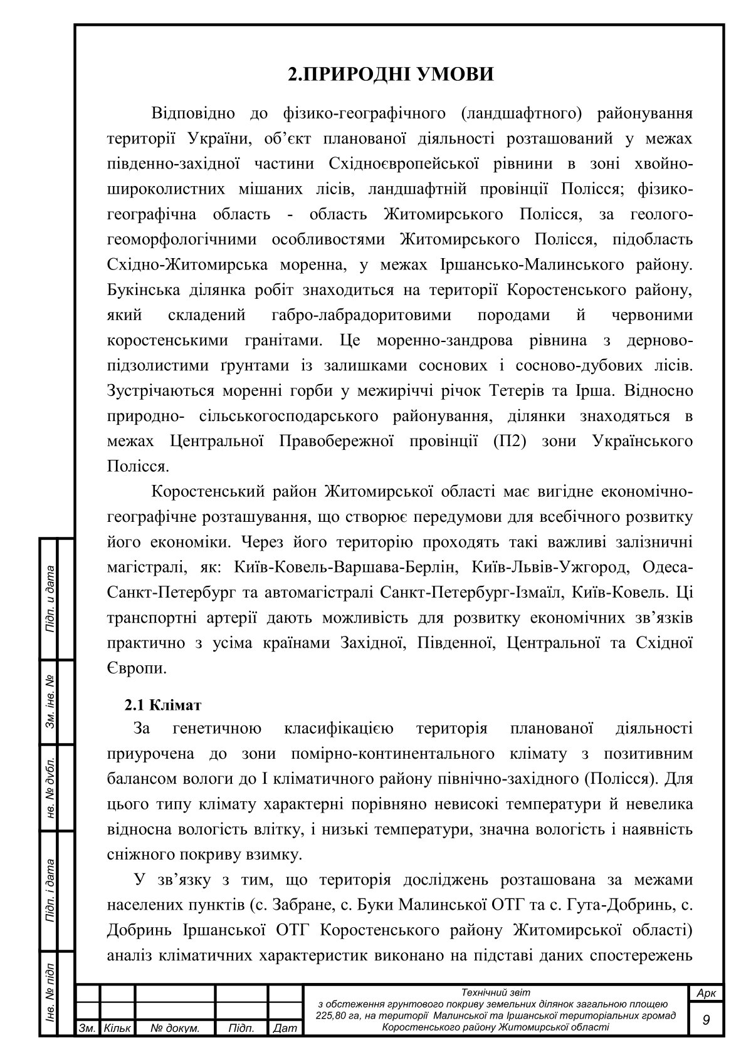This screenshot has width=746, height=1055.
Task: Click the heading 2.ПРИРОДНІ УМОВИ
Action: point(391,74)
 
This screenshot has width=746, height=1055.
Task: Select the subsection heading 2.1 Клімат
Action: point(163,705)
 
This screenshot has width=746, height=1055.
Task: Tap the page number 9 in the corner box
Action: point(707,1021)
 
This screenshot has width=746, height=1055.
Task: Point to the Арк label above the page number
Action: point(707,994)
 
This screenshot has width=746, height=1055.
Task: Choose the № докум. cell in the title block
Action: point(176,1028)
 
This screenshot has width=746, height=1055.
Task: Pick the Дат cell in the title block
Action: point(285,1028)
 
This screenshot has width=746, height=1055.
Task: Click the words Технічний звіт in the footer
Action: point(495,992)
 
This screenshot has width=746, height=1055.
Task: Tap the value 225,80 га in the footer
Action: point(343,1015)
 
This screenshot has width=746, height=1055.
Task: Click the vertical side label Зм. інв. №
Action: point(49,702)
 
